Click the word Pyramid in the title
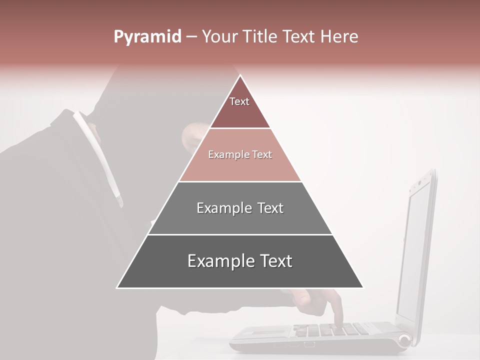147,37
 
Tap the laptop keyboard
330,330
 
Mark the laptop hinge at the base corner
404,341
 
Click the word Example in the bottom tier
216,261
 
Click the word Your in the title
218,36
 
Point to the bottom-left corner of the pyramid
117,287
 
